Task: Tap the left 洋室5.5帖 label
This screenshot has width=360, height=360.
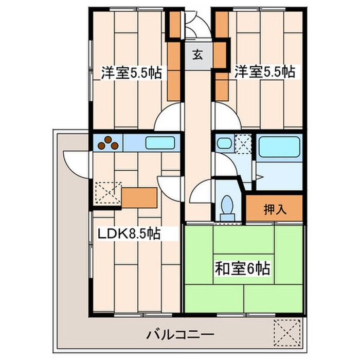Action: pyautogui.click(x=131, y=73)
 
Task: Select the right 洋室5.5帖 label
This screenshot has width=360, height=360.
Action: pyautogui.click(x=265, y=72)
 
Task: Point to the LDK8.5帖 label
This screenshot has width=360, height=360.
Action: pyautogui.click(x=129, y=234)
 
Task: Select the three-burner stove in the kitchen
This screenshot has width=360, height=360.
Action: pyautogui.click(x=109, y=143)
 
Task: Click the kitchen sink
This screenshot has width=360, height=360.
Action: pyautogui.click(x=161, y=142)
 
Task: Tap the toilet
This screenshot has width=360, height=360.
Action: pyautogui.click(x=227, y=208)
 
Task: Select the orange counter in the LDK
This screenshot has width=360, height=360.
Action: pyautogui.click(x=139, y=197)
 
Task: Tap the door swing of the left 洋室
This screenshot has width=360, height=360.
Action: pyautogui.click(x=170, y=117)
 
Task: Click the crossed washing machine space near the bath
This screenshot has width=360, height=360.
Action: pyautogui.click(x=243, y=143)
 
